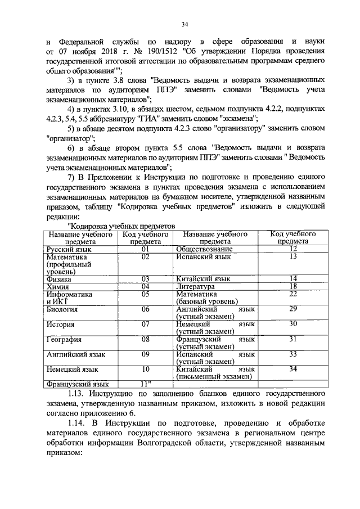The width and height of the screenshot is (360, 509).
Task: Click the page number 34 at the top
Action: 184,24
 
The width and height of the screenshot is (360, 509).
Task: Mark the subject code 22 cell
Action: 292,294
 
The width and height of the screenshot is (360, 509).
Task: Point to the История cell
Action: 60,325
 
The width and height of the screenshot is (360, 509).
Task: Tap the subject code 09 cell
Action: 145,355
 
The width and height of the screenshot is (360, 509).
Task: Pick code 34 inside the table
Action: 292,370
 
